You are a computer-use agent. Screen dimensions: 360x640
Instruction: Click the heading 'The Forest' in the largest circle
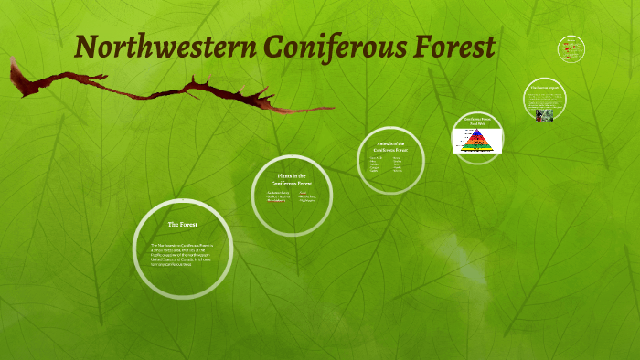(182, 224)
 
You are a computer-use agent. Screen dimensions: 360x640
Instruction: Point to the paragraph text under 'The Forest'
(182, 255)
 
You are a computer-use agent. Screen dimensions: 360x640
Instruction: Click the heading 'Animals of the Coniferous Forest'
(390, 146)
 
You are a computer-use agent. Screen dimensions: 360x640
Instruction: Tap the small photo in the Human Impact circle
(545, 115)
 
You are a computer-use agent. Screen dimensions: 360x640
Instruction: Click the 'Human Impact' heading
(545, 88)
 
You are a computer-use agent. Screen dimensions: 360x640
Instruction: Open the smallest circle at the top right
(571, 49)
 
